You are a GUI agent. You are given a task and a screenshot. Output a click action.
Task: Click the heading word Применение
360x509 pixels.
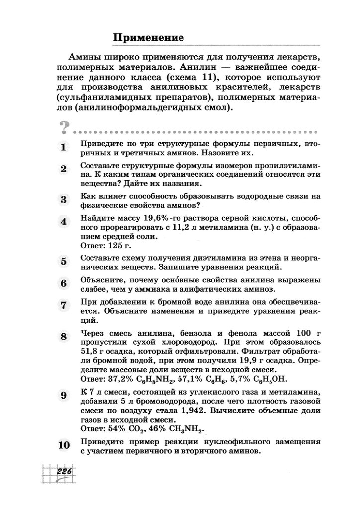point(149,38)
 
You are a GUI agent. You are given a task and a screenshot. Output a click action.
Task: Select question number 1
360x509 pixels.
point(63,147)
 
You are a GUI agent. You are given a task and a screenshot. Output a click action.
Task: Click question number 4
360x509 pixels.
point(63,222)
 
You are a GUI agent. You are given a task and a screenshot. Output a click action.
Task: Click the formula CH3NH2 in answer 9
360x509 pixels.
point(186,428)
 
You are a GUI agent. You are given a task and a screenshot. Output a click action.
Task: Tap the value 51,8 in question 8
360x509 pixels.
point(89,353)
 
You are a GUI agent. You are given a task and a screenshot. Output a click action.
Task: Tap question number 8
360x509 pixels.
point(63,337)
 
